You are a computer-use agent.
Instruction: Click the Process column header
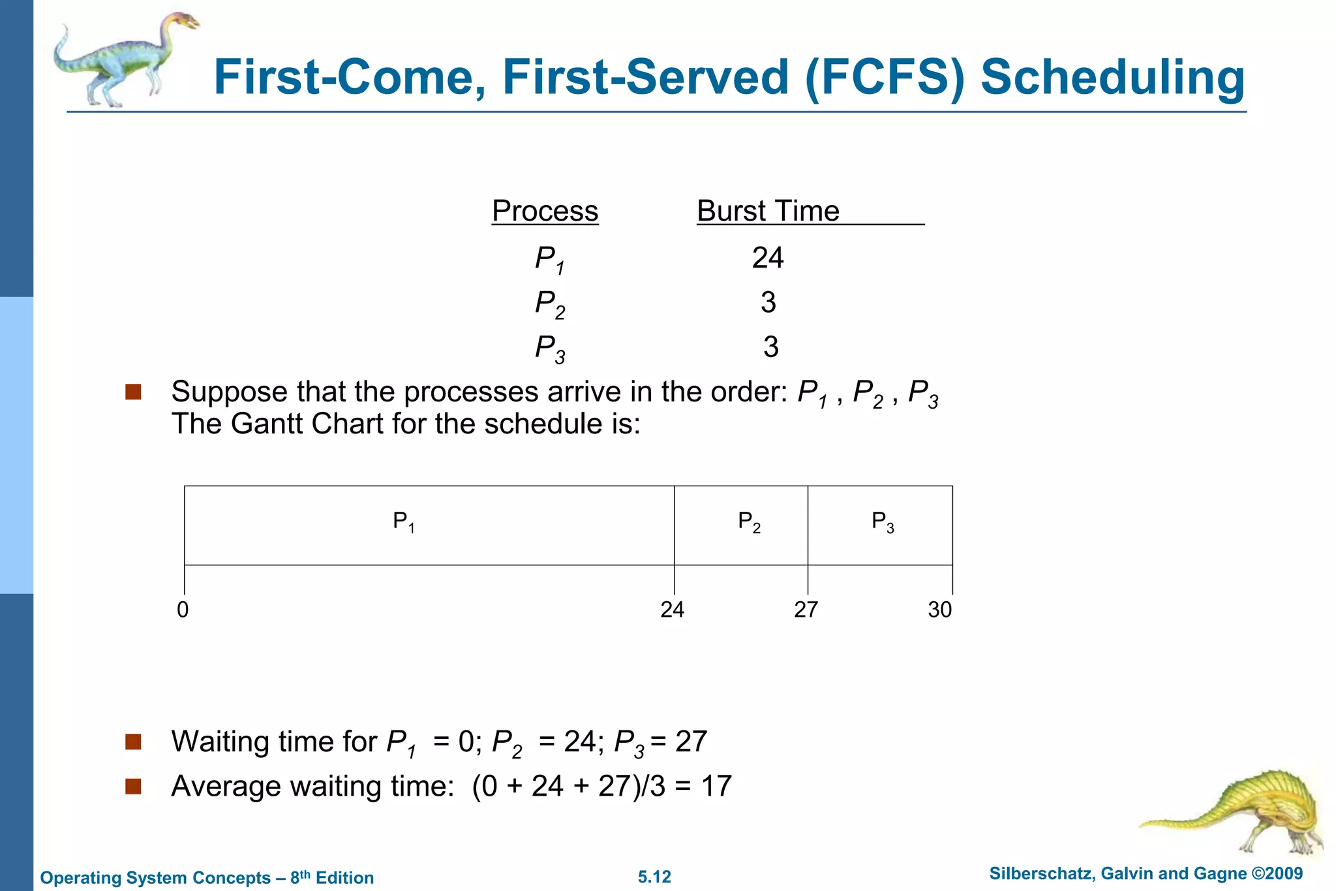coord(545,211)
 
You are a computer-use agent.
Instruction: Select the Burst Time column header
coord(768,211)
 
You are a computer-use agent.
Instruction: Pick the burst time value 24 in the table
coord(767,258)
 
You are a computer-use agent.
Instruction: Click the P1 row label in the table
coord(549,259)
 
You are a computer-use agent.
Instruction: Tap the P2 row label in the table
coord(549,304)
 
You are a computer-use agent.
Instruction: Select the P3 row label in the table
coord(549,348)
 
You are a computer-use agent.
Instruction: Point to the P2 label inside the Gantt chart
coord(749,522)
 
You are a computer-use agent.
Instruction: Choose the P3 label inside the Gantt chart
coord(883,522)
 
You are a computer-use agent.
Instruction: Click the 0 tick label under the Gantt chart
coord(183,610)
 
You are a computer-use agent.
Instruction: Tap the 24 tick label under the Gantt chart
coord(672,610)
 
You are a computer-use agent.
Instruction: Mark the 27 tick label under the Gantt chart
coord(806,610)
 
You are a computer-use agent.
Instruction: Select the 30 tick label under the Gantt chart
coord(939,610)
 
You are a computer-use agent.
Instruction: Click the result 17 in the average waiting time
coord(716,786)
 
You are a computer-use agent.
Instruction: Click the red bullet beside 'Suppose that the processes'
coord(133,392)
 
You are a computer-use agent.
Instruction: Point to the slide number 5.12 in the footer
coord(654,877)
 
